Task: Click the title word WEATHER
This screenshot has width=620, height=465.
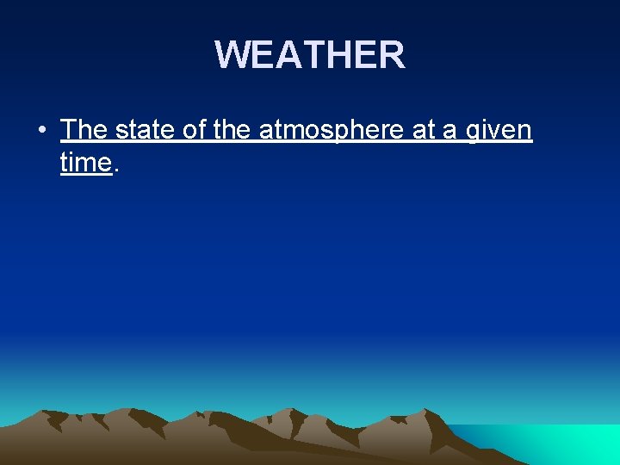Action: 309,55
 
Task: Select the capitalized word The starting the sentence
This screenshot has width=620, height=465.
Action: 84,131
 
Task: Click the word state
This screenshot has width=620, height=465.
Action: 146,131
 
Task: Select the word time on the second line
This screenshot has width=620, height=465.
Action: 86,162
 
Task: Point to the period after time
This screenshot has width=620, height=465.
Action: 116,170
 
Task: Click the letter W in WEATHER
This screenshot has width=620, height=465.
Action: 232,55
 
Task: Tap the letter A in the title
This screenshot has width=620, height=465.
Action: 288,55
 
